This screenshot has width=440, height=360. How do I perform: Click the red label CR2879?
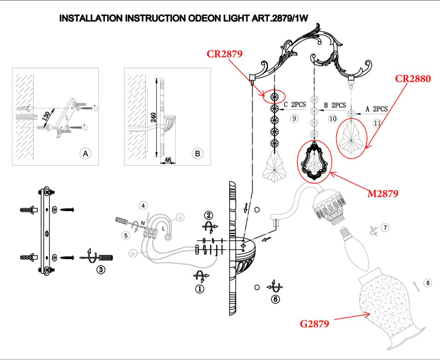click(x=224, y=54)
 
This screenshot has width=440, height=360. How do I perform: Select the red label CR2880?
click(x=413, y=79)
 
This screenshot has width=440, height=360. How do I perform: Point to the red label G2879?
click(x=314, y=324)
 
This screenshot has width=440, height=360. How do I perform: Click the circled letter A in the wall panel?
click(x=85, y=154)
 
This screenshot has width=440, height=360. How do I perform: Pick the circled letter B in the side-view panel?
click(x=197, y=154)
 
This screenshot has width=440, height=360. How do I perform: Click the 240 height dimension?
click(x=153, y=117)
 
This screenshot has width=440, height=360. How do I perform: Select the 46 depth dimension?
click(x=168, y=160)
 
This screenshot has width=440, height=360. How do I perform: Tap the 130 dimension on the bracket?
click(x=46, y=116)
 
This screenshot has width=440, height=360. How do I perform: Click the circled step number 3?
click(x=101, y=270)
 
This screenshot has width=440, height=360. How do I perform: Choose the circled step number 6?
click(x=275, y=299)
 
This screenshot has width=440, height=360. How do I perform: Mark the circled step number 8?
click(x=428, y=283)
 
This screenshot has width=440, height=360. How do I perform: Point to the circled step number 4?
click(x=143, y=206)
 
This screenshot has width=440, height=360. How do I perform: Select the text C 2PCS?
click(x=295, y=104)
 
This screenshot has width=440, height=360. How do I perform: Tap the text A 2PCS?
click(x=377, y=109)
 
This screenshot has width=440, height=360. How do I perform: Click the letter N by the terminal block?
click(x=143, y=223)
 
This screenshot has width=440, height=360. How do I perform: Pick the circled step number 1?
click(x=200, y=289)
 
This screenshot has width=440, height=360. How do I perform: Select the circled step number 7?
click(x=385, y=227)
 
